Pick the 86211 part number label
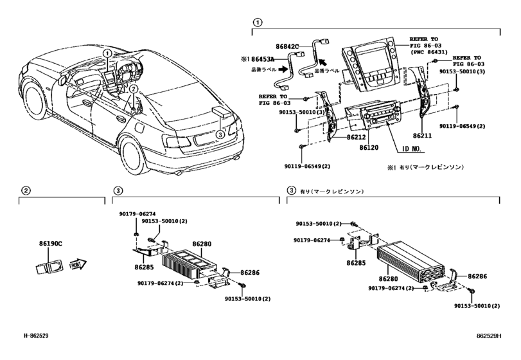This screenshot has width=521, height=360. (x=422, y=137)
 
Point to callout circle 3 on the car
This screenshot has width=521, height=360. (x=220, y=134)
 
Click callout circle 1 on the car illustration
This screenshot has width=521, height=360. (x=108, y=53)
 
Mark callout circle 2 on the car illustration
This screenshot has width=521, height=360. (x=133, y=89)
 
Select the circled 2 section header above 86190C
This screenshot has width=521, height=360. (x=25, y=190)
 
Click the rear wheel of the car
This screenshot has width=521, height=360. (x=130, y=157)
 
